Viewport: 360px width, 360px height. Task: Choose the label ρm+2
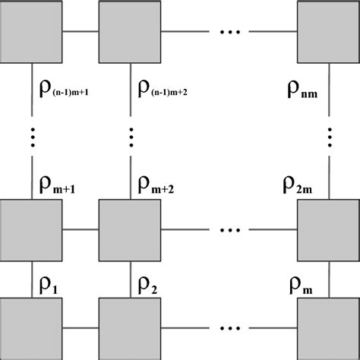tap(156, 184)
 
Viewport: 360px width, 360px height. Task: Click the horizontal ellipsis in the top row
tap(230, 32)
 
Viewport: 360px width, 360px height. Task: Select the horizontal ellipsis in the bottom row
tap(230, 328)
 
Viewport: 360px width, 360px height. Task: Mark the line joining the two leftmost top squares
tap(81, 32)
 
